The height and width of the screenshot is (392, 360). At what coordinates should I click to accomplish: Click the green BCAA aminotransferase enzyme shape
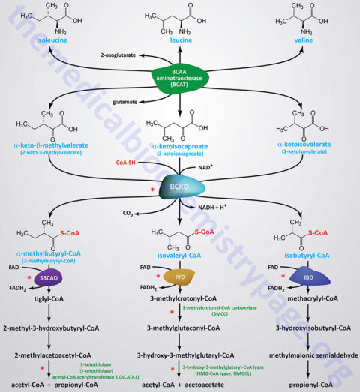180,78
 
